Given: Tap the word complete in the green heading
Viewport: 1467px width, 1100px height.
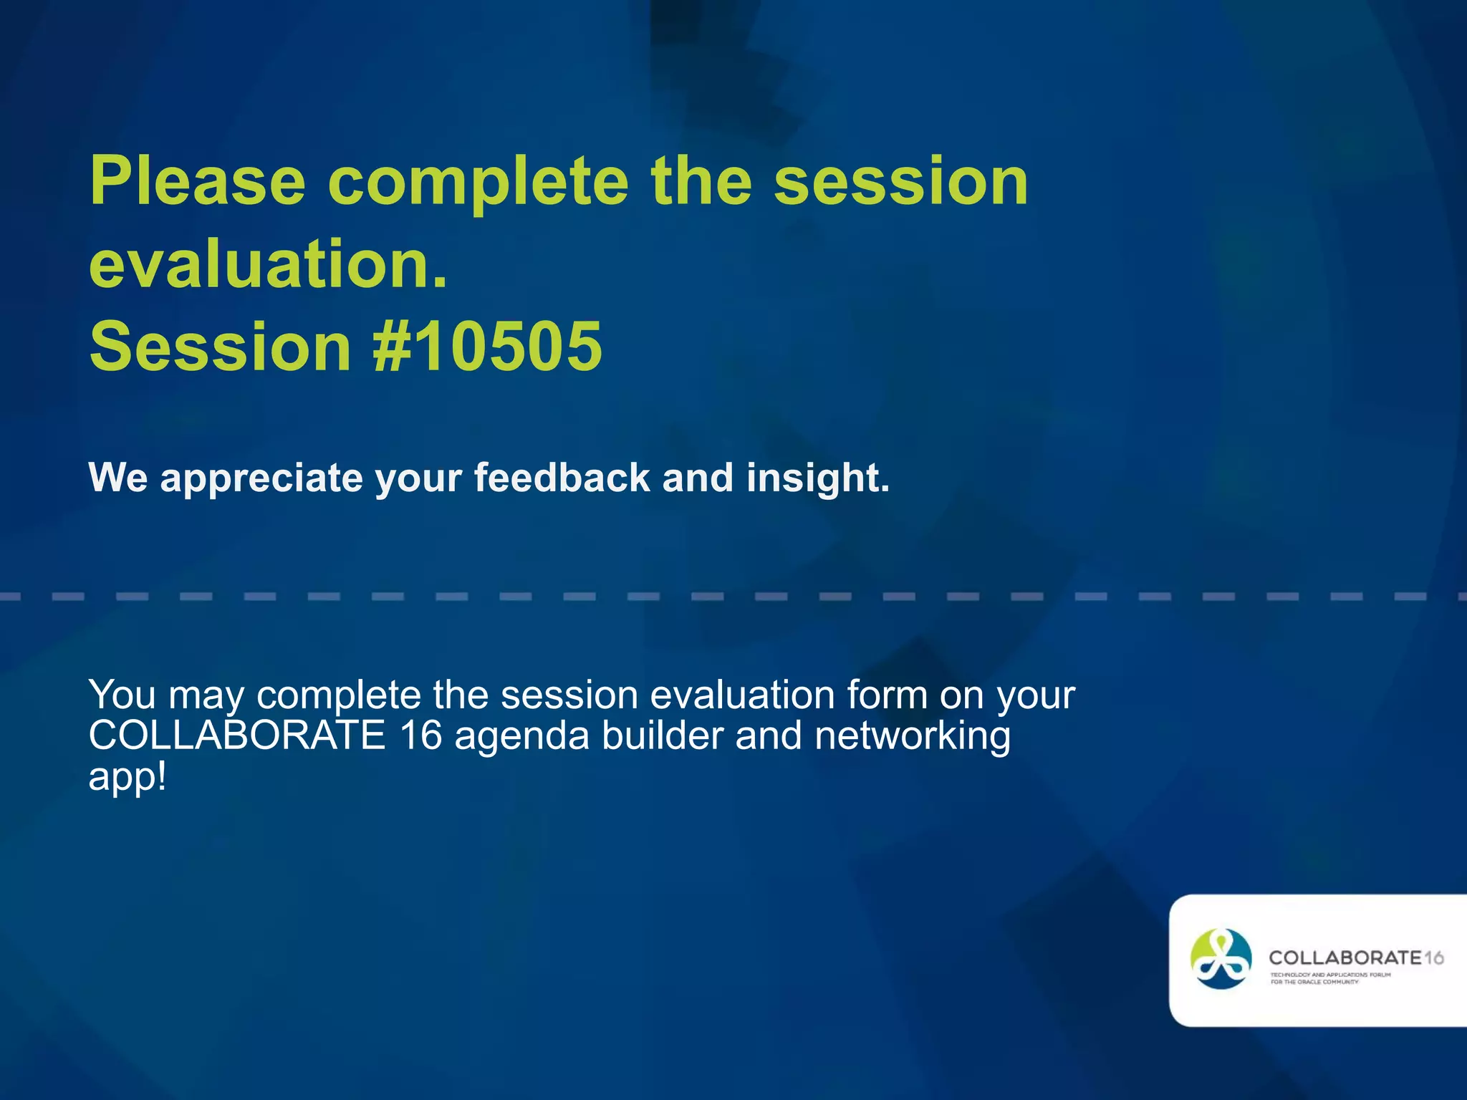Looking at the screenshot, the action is click(478, 183).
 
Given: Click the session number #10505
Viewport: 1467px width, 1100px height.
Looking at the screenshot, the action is click(488, 347).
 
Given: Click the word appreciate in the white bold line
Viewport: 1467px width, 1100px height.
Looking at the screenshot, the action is click(261, 478).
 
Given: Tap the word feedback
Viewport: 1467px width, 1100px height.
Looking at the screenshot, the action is click(562, 477).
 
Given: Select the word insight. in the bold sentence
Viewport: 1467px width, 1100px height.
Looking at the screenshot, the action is click(817, 478).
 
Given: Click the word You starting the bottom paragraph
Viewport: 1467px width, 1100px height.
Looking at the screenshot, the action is click(122, 694).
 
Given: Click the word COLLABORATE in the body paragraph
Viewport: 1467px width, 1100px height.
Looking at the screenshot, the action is click(237, 735).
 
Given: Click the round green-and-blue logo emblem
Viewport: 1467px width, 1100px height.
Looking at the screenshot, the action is click(1221, 959).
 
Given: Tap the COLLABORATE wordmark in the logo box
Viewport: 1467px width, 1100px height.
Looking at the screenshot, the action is click(1345, 957).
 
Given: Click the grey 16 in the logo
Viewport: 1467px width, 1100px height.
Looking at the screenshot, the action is click(1433, 957).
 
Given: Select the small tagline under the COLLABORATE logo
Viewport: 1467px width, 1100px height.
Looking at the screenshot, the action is click(1330, 978).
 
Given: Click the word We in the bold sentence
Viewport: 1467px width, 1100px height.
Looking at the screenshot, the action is click(117, 477).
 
